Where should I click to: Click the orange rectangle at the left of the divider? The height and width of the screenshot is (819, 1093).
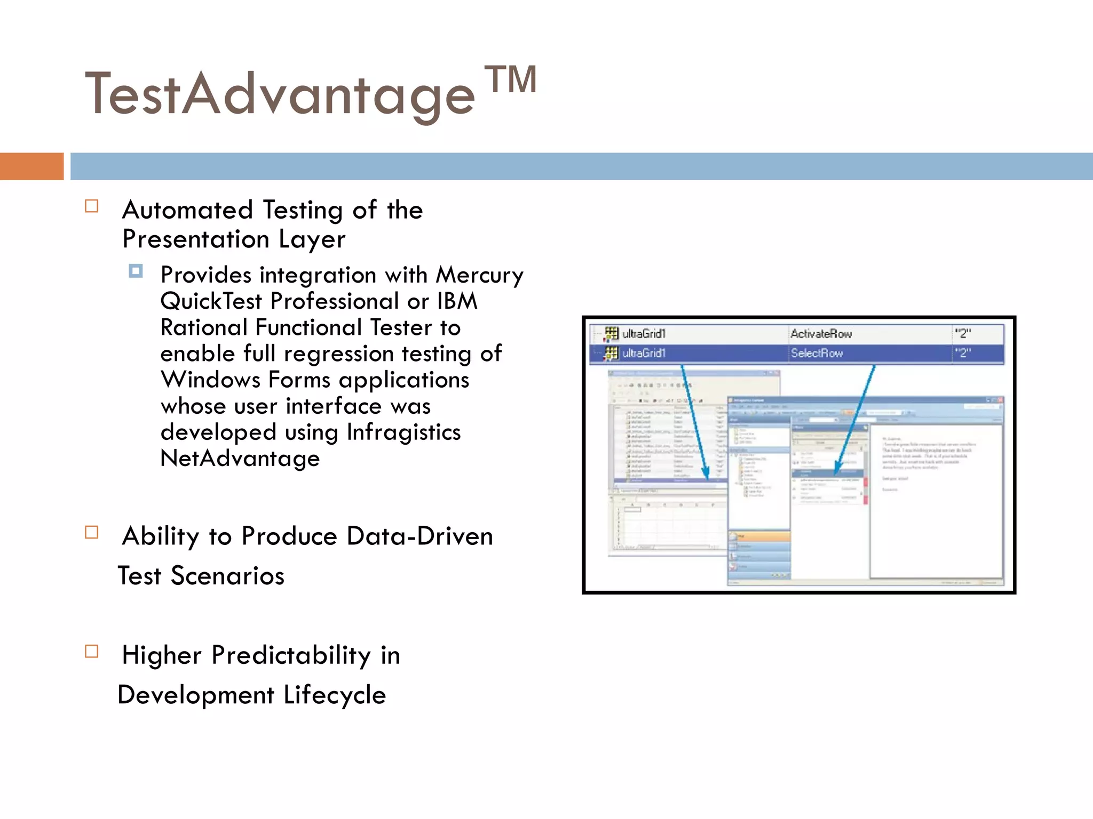pos(31,166)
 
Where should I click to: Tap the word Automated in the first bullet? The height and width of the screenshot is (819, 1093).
pos(187,210)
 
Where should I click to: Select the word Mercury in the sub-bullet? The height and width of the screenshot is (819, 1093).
pos(479,275)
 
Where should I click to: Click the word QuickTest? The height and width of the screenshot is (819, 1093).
pos(211,301)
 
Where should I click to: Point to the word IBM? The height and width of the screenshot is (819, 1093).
pos(457,301)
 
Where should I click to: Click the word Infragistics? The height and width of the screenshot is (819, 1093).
pos(403,432)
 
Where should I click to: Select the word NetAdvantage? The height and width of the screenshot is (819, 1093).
pos(240,459)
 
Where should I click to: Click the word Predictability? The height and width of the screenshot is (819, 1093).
pos(291,655)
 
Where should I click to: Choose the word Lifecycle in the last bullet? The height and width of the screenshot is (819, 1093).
pos(335,695)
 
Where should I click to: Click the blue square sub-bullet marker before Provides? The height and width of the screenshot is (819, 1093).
pos(136,271)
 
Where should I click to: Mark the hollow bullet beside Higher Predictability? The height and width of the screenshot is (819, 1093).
pos(92,652)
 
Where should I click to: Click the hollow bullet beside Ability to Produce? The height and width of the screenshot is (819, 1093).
pos(92,533)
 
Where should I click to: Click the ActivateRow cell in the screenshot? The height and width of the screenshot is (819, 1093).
pos(821,334)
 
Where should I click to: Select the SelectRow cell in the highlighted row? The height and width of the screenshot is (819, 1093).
pos(817,353)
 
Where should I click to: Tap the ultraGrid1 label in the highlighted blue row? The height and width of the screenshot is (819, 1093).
pos(644,353)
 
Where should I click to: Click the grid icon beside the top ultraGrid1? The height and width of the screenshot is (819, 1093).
pos(612,334)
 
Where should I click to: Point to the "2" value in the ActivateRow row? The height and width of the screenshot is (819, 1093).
pos(963,334)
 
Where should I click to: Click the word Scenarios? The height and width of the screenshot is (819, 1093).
pos(227,576)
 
